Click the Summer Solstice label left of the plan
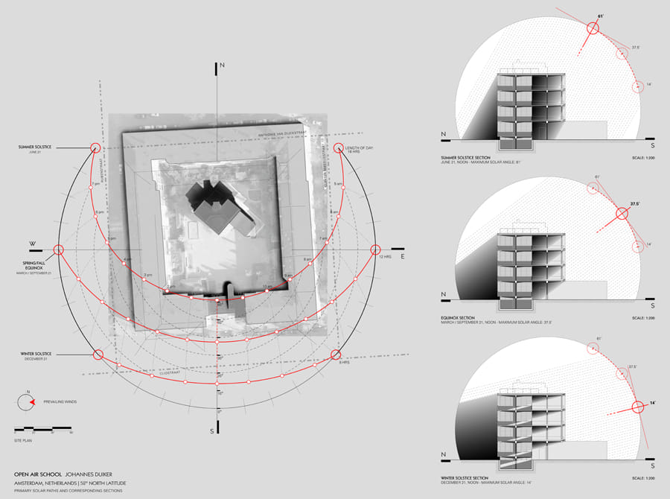click(x=35, y=147)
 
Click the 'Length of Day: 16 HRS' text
click(x=364, y=150)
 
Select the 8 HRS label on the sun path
click(x=343, y=363)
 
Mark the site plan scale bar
click(x=43, y=429)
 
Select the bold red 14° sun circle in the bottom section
click(x=637, y=407)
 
